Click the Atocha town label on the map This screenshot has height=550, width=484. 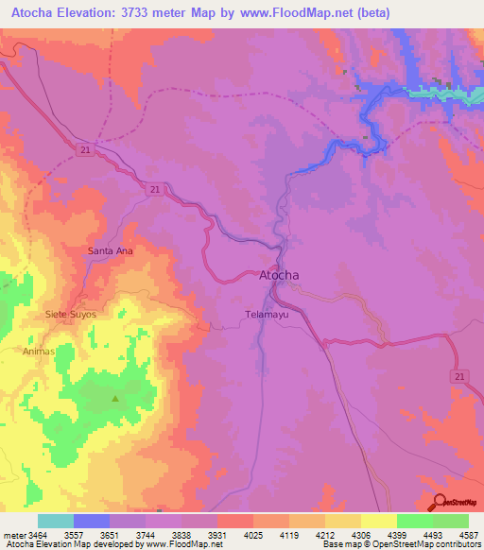click(x=279, y=276)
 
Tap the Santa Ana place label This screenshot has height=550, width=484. click(x=110, y=251)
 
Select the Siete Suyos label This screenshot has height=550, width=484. click(x=71, y=313)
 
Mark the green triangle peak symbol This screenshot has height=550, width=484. click(x=116, y=398)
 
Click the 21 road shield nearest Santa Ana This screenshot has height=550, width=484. click(x=152, y=190)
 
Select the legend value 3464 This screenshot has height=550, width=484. click(x=38, y=534)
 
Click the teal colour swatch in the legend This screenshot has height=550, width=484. click(x=56, y=521)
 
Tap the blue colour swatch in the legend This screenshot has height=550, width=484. click(x=92, y=521)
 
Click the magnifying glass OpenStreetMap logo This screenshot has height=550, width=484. click(x=439, y=501)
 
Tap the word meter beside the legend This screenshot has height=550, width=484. click(x=13, y=534)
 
